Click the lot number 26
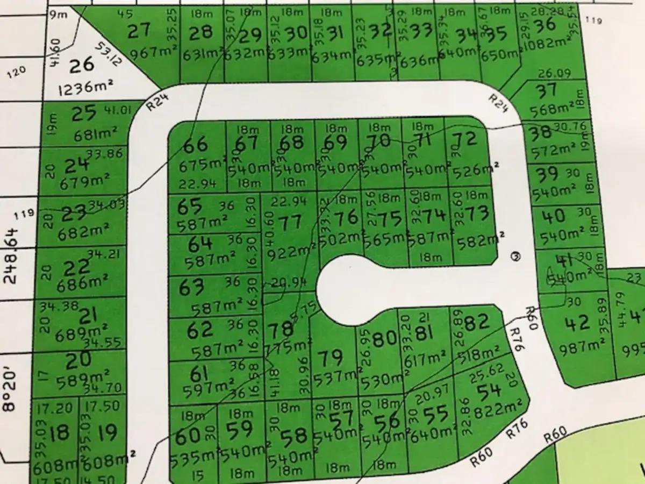point(82,65)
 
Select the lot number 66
point(195,145)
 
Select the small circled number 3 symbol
point(516,257)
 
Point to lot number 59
point(240,432)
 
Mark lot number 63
point(192,288)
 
